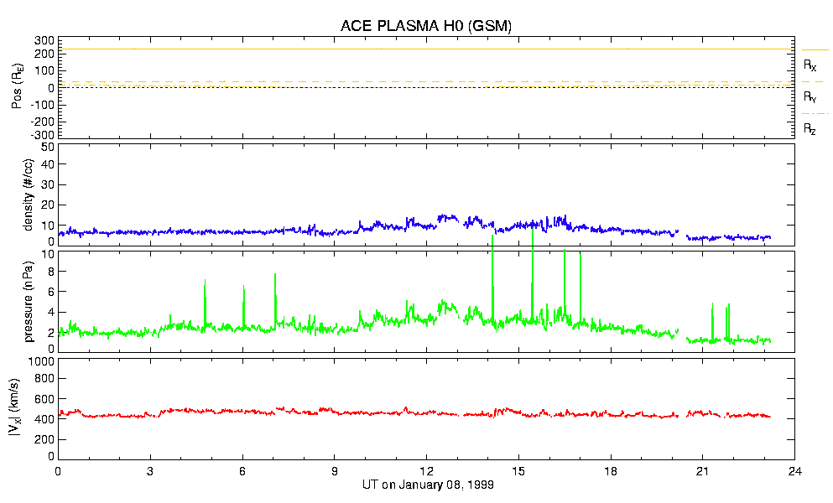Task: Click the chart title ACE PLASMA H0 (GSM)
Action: (425, 27)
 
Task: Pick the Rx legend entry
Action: (810, 65)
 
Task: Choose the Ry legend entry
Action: (810, 96)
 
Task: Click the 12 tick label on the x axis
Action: (426, 471)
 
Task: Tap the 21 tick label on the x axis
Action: (703, 471)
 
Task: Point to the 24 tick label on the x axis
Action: (795, 471)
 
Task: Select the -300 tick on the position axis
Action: (42, 135)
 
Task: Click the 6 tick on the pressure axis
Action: (49, 292)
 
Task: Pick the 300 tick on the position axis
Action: (44, 40)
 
